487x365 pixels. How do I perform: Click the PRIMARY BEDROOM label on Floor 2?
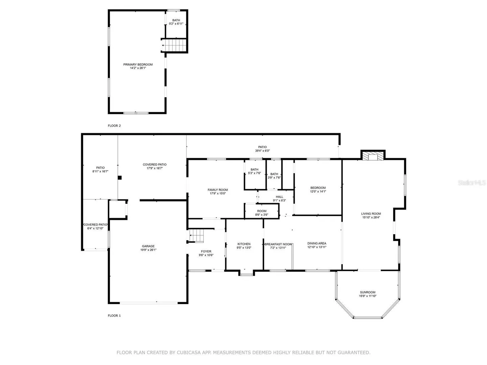(138, 65)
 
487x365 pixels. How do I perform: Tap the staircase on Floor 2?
(174, 45)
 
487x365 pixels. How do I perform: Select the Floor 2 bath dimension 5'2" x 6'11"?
(176, 24)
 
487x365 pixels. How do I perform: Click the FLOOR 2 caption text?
(114, 126)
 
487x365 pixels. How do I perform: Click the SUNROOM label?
(368, 292)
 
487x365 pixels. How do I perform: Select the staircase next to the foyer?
(196, 235)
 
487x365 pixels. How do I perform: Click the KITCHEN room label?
(244, 244)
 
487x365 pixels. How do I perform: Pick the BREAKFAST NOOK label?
(278, 244)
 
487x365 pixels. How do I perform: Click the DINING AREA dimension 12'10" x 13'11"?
(317, 247)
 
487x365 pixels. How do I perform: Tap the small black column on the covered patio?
(120, 177)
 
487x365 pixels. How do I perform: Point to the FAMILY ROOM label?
(218, 190)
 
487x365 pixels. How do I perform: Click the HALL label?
(279, 197)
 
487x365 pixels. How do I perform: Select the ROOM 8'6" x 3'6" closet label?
(261, 213)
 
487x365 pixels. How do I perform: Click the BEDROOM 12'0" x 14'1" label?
(318, 190)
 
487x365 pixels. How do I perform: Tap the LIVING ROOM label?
(371, 214)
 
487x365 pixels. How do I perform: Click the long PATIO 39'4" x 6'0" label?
(262, 149)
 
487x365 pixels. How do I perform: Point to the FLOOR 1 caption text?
(114, 316)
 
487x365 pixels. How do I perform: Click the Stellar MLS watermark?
(471, 182)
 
